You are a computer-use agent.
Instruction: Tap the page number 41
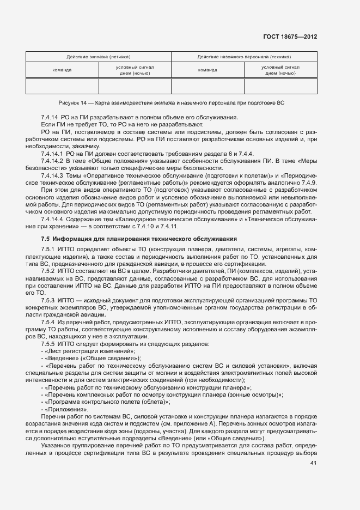pos(313,463)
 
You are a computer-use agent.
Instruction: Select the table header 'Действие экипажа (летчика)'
pos(99,57)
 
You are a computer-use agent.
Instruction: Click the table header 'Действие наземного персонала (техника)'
pos(244,57)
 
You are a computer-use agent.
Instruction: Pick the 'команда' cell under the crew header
pos(62,70)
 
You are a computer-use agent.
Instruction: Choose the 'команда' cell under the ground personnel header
pos(208,70)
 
